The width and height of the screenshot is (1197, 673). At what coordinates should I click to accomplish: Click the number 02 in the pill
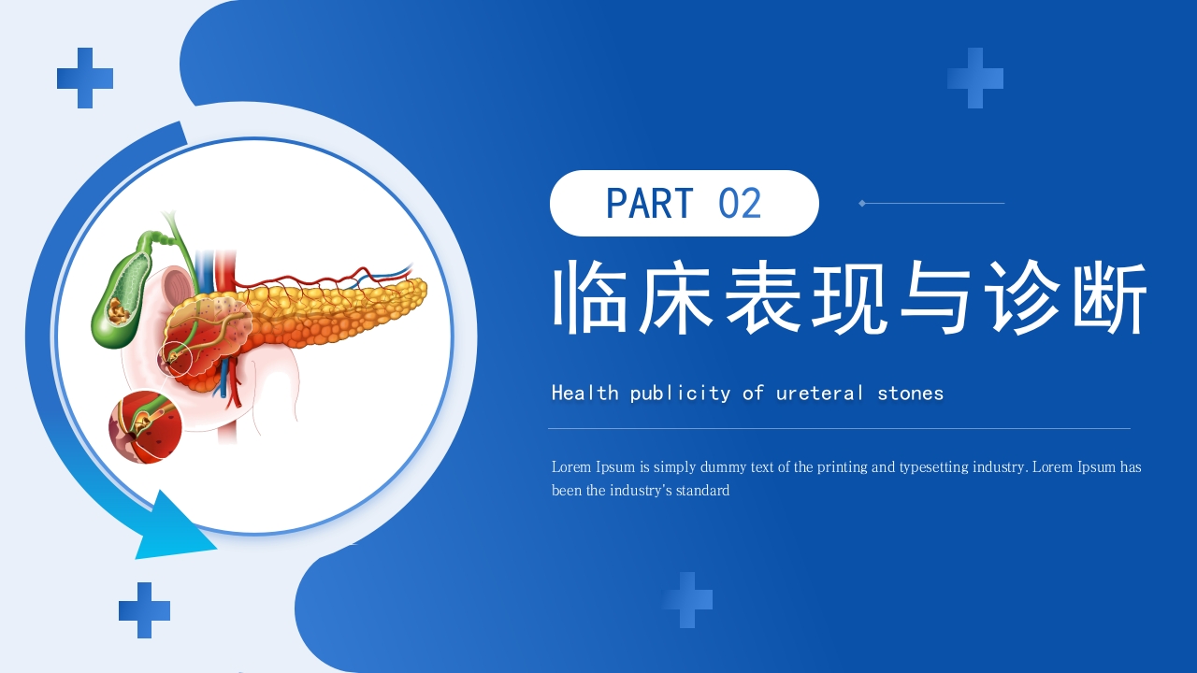point(740,204)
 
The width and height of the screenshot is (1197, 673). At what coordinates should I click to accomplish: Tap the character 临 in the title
point(590,298)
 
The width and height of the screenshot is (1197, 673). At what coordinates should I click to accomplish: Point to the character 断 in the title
point(1110,298)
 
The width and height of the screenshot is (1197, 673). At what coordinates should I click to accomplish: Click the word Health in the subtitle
point(585,393)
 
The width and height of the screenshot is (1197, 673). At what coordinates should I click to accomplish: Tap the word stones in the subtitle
point(910,393)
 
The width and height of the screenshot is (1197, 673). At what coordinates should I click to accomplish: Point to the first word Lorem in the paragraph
point(571,467)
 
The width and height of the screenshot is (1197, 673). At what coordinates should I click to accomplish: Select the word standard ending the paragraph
point(701,491)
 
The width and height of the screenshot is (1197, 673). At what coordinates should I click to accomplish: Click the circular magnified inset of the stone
point(145,428)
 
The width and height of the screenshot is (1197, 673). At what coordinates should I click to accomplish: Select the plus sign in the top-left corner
point(85,78)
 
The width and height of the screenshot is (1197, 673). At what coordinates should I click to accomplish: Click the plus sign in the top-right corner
point(975,78)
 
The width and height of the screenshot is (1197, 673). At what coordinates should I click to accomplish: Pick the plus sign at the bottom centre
point(687,600)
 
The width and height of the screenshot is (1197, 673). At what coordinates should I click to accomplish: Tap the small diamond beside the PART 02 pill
point(862,203)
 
